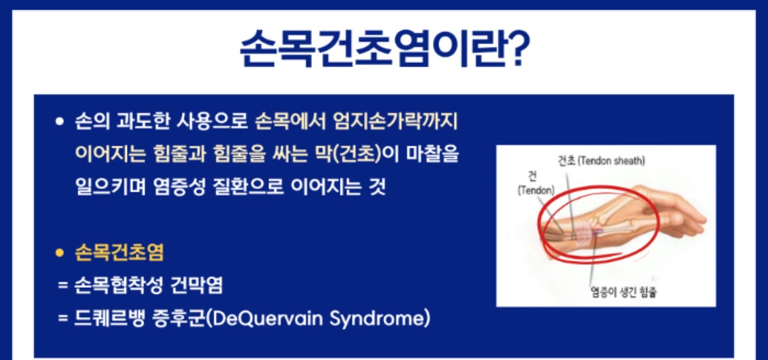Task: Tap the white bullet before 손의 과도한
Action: [x=60, y=122]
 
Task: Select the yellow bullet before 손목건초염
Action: [x=60, y=252]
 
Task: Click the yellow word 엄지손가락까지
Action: [x=396, y=121]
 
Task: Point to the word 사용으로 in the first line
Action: [x=212, y=121]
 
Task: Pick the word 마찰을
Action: [x=432, y=154]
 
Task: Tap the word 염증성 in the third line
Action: [x=179, y=187]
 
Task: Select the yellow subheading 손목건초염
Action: [x=120, y=252]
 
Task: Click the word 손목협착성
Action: [x=118, y=285]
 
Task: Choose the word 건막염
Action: [x=197, y=285]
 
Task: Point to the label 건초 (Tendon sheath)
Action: [x=601, y=161]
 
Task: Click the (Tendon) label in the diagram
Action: [x=536, y=190]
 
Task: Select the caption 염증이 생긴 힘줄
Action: [x=624, y=292]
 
